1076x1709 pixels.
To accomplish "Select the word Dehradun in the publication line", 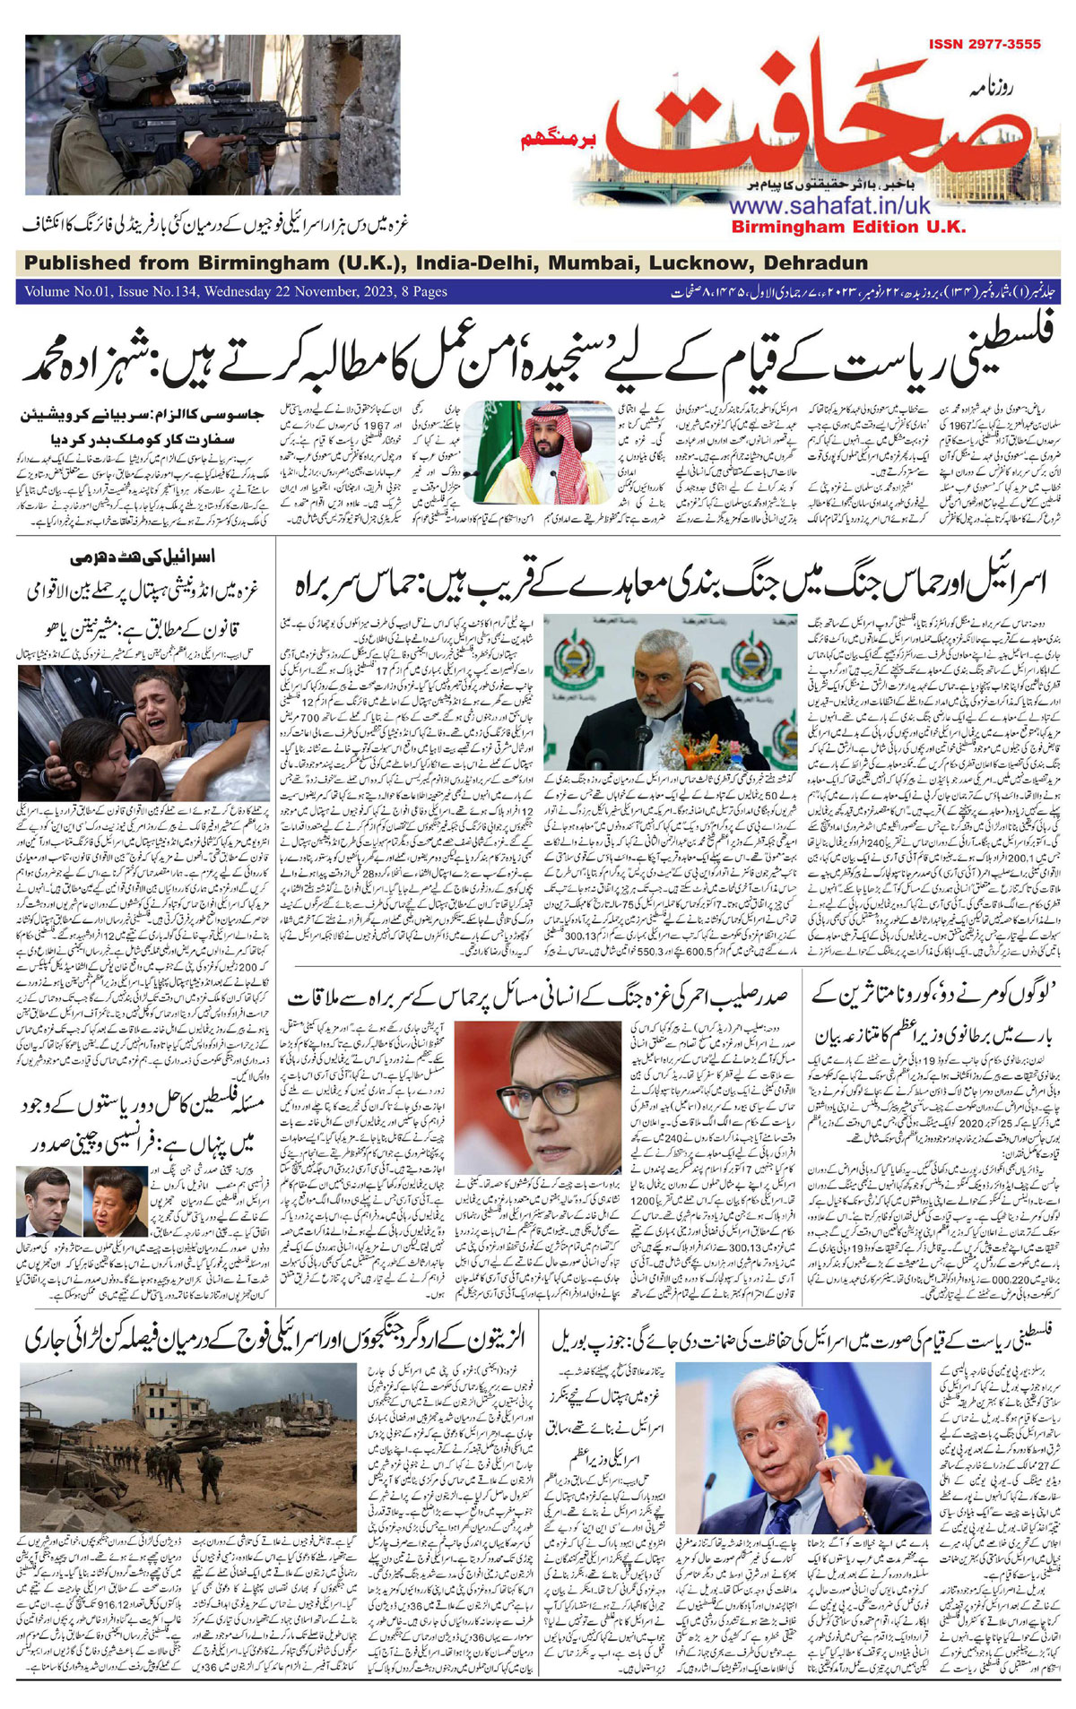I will [x=815, y=263].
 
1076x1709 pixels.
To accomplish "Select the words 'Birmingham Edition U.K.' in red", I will [x=848, y=228].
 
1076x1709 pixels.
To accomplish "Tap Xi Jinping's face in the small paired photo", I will [x=115, y=1203].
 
